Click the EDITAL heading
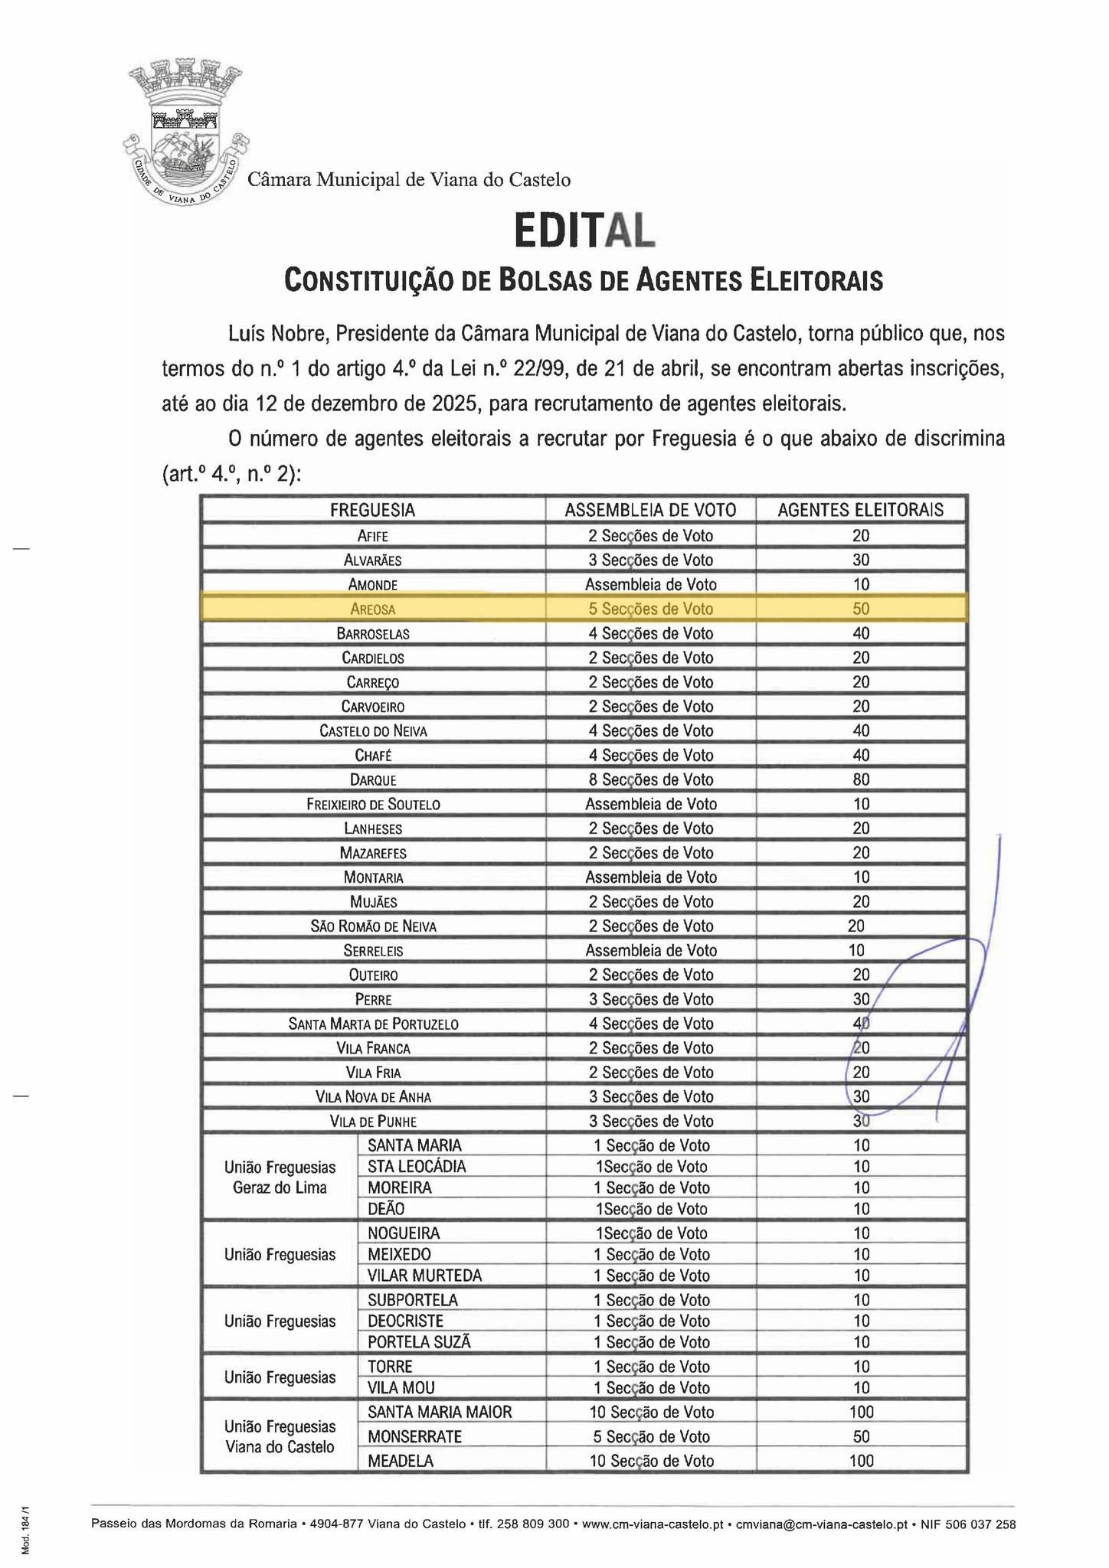tap(584, 230)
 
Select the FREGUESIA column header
tap(372, 510)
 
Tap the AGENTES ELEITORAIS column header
tap(860, 510)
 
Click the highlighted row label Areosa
tap(372, 609)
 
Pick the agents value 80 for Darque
tap(861, 780)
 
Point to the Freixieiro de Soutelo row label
tap(373, 805)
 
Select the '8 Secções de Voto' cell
tap(650, 780)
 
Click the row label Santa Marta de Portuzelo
tap(373, 1024)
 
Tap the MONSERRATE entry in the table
tap(414, 1437)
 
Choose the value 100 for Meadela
tap(861, 1461)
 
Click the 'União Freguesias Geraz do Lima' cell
tap(280, 1178)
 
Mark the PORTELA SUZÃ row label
tap(419, 1342)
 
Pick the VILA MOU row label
tap(401, 1388)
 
